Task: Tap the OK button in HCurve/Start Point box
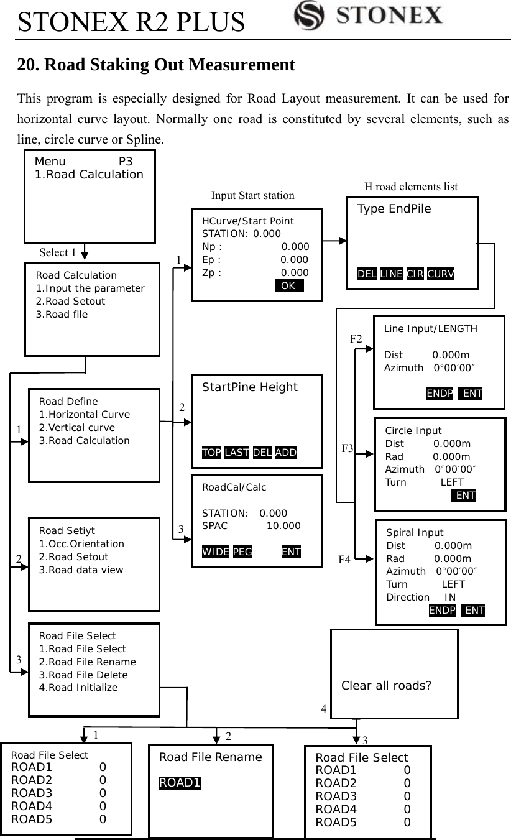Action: [288, 286]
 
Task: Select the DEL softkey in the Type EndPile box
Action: [367, 275]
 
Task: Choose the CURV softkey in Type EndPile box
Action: [441, 275]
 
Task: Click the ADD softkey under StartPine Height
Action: [286, 452]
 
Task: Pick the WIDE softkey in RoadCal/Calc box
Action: [216, 552]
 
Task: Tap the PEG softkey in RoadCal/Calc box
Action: [242, 552]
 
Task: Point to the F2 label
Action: [356, 339]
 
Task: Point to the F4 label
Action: [344, 560]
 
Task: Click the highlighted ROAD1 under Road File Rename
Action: [180, 782]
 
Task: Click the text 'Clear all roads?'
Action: [387, 686]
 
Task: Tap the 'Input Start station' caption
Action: [253, 195]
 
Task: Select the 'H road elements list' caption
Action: [410, 186]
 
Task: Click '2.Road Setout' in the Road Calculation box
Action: [70, 301]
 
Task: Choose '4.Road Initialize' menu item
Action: [78, 687]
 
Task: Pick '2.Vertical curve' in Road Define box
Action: [76, 427]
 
